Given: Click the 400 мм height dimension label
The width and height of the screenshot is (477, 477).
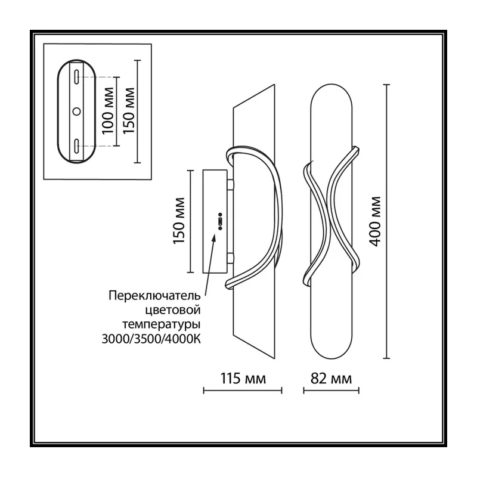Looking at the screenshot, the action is click(x=376, y=221).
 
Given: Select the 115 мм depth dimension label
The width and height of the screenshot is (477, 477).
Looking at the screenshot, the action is click(x=243, y=379).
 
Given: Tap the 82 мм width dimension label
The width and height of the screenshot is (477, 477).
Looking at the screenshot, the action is click(x=331, y=379).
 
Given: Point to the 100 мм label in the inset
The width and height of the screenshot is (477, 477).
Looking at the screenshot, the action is click(x=108, y=111).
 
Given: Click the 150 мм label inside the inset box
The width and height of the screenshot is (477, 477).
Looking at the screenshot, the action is click(x=129, y=110).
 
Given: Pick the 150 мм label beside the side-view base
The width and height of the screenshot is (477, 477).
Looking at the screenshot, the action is click(x=179, y=221).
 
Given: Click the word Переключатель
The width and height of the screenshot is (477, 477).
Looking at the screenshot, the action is click(x=154, y=296).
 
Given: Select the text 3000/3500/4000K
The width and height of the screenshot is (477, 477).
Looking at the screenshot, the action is click(x=151, y=339).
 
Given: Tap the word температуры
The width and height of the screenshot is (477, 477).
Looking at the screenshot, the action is click(x=162, y=325).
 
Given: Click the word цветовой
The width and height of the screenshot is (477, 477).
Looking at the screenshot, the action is click(x=173, y=310).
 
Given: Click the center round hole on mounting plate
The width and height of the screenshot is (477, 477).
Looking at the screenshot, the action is click(x=77, y=111).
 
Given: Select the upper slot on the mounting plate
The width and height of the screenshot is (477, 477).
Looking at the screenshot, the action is click(x=77, y=76).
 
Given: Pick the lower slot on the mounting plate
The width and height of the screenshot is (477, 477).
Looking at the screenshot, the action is click(x=77, y=146).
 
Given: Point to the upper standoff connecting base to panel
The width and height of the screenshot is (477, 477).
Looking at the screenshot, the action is click(x=230, y=185).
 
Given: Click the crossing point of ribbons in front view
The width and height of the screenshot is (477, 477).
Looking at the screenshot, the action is click(x=329, y=219).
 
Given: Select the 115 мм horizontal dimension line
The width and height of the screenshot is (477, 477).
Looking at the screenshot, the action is click(x=243, y=391).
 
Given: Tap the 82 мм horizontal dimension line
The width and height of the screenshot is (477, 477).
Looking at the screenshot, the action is click(x=331, y=391).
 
